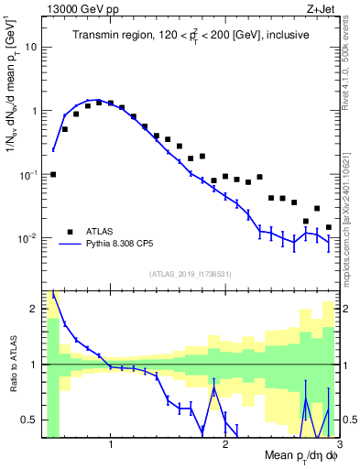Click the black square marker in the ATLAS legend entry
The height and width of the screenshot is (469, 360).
coord(69,231)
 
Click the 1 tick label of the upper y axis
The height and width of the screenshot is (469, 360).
coord(34,111)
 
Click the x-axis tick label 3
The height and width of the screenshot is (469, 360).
coord(338,446)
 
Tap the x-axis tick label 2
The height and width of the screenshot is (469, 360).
coord(224,446)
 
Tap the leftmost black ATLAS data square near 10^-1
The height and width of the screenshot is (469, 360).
coord(53,174)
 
